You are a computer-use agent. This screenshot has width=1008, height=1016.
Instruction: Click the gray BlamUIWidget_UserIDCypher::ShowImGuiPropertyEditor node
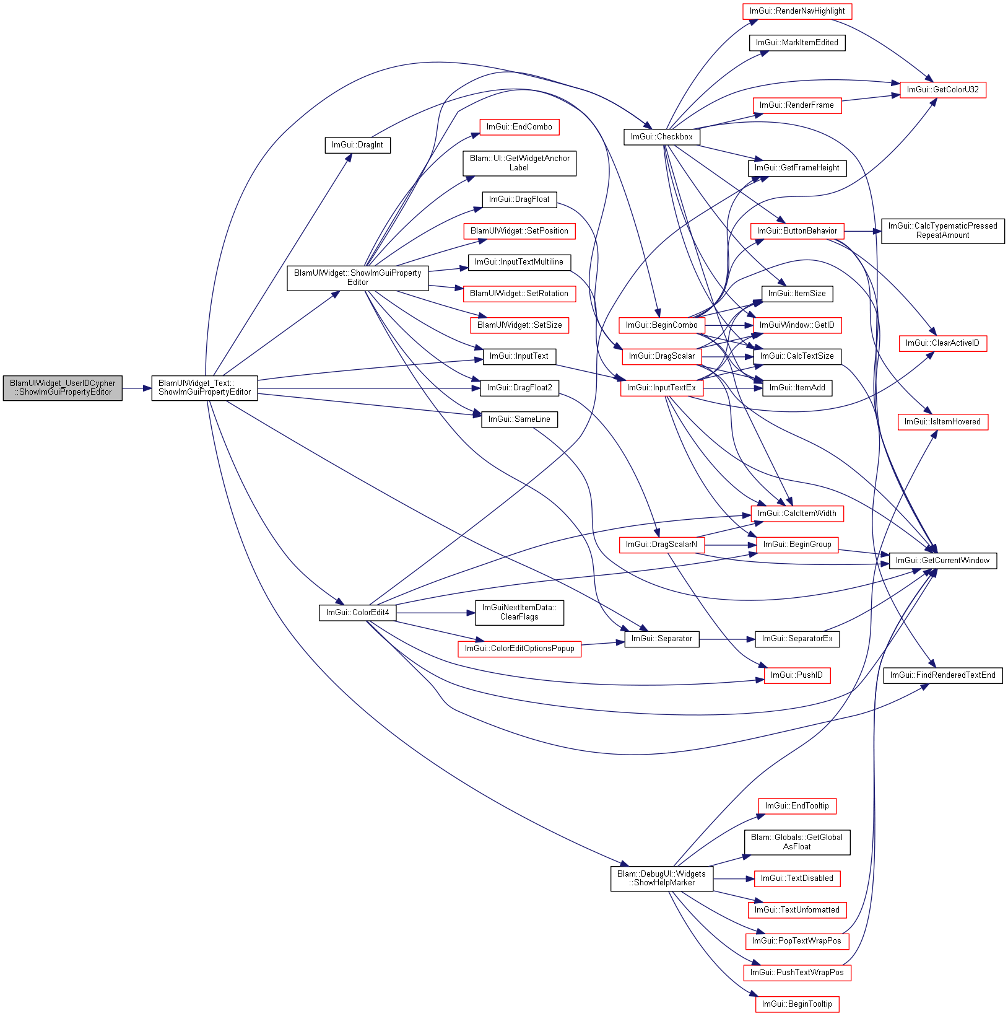63,388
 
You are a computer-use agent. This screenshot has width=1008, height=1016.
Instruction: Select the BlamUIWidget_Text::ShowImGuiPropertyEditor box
204,388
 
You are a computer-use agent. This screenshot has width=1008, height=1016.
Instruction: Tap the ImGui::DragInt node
357,145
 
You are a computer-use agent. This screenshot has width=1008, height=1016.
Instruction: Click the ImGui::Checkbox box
661,137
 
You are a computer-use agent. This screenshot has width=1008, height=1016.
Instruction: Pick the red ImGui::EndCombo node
519,127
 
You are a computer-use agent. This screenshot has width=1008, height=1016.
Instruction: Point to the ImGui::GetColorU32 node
942,90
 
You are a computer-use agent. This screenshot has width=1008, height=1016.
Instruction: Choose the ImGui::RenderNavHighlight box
797,11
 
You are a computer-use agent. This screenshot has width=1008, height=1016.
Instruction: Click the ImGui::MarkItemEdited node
797,43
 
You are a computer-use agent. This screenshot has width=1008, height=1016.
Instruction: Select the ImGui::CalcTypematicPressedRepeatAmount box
942,231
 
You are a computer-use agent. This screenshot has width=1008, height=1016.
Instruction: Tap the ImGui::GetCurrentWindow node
942,561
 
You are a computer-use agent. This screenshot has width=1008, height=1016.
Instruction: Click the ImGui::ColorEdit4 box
357,613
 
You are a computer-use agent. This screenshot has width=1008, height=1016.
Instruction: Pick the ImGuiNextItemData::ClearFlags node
519,613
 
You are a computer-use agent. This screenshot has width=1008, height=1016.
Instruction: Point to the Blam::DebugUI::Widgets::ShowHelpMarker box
661,878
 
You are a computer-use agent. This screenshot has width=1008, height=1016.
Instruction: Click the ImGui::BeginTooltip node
797,1004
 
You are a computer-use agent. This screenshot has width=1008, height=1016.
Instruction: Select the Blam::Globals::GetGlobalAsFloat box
797,842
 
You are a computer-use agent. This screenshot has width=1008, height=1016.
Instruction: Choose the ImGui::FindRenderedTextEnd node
942,675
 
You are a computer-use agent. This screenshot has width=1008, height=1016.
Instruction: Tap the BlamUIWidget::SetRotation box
519,294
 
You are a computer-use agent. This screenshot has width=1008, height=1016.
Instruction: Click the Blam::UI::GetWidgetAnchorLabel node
519,163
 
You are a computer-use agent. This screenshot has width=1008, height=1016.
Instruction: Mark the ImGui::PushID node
797,675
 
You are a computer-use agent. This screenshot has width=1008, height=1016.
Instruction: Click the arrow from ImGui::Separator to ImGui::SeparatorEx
728,639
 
